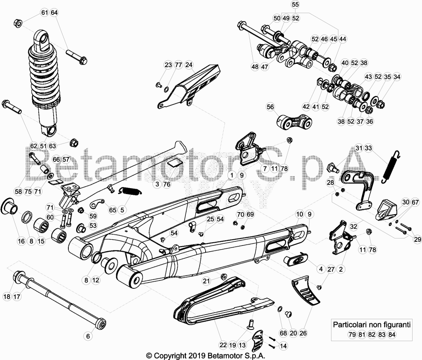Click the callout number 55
(295, 5)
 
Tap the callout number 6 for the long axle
(88, 336)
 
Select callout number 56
(270, 107)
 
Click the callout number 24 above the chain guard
(189, 65)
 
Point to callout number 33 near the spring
(368, 148)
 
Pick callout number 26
(303, 333)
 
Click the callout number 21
(206, 281)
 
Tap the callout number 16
(21, 241)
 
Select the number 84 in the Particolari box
(392, 335)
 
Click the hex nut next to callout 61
(18, 23)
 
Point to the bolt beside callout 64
(76, 57)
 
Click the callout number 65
(113, 210)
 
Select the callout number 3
(157, 184)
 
